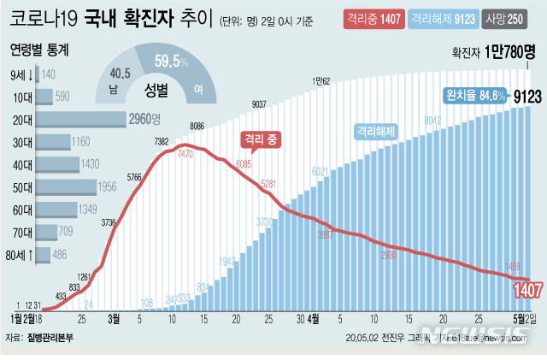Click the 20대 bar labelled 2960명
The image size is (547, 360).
coord(68,119)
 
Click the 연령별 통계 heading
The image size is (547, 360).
coord(40,50)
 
